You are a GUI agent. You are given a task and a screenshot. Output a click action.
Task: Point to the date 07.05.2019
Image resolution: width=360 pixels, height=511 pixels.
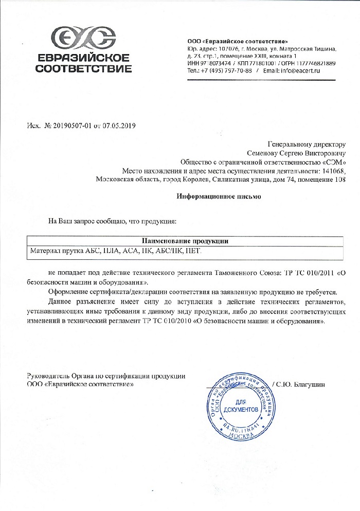point(119,126)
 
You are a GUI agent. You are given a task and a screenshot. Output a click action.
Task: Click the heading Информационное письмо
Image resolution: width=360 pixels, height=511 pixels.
point(220,197)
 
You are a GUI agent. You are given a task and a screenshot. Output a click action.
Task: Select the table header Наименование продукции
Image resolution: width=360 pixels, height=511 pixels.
point(185,241)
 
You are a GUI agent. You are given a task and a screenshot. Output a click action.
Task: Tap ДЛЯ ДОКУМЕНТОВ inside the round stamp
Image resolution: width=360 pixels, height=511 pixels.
point(238,405)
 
